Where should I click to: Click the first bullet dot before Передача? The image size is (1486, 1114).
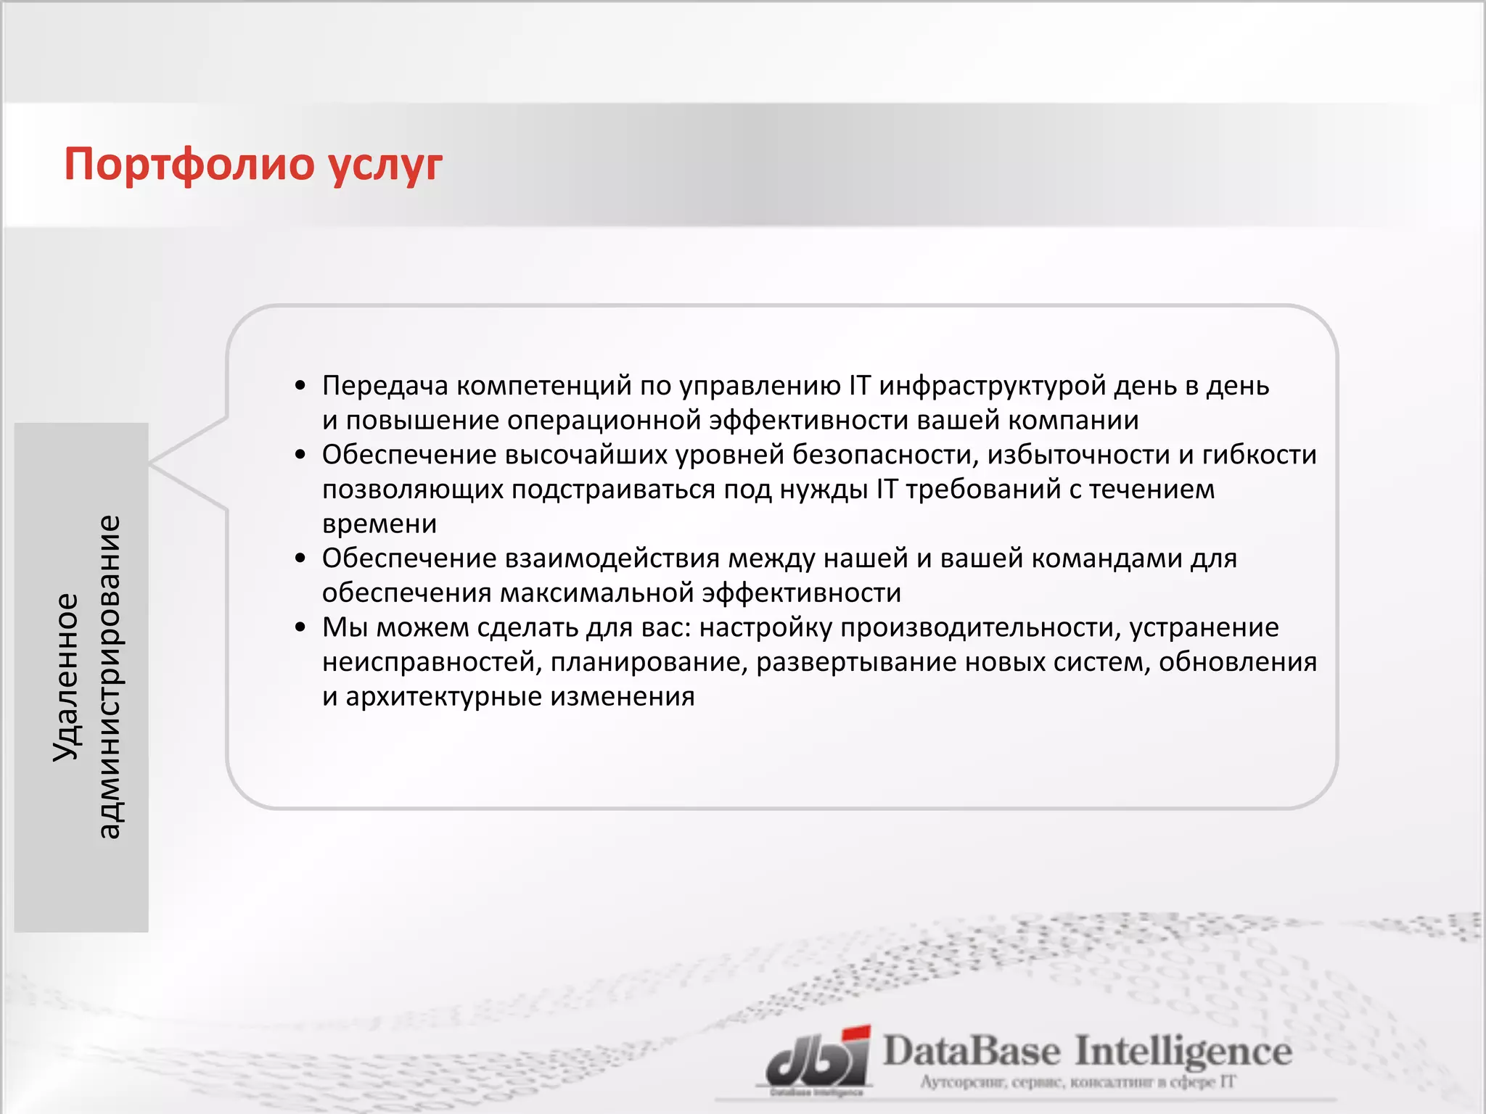tap(300, 386)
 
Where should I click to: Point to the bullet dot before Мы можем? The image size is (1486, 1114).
tap(300, 627)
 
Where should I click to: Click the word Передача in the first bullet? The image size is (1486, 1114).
tap(385, 386)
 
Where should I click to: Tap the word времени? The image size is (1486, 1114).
tap(379, 524)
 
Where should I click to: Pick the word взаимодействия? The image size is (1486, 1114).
tap(613, 558)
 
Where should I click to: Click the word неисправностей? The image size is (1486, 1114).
tap(431, 662)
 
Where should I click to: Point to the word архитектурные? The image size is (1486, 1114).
tap(444, 696)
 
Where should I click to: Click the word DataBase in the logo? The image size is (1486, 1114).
tap(971, 1052)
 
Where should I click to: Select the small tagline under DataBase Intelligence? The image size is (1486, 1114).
tap(1077, 1082)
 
